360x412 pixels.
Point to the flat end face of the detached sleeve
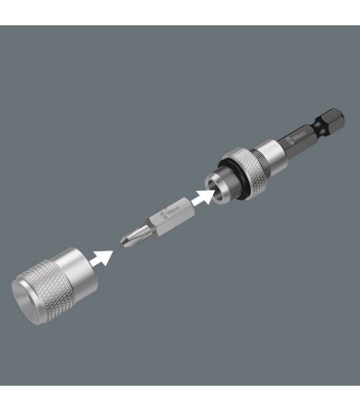34,298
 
